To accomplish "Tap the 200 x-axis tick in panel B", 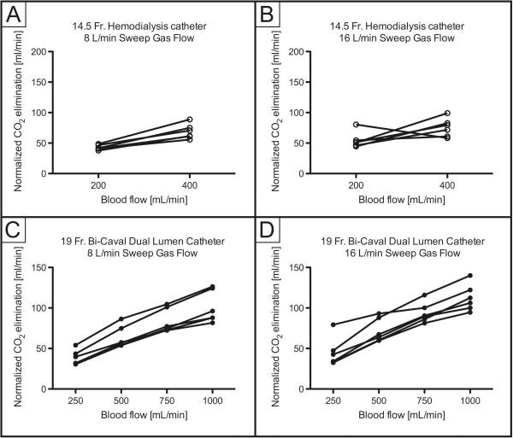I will (x=355, y=185).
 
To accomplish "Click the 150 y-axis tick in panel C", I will (x=54, y=268).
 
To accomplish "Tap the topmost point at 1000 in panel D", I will (x=469, y=275).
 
